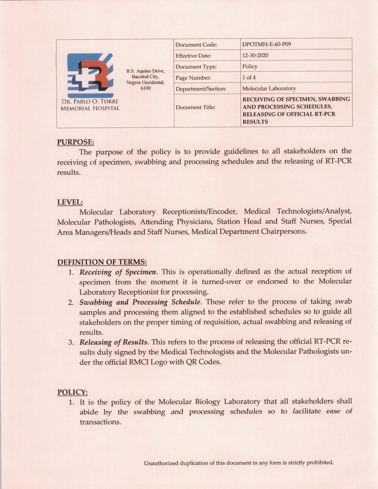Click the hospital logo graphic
click(x=90, y=76)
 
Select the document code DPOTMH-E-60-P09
click(x=266, y=44)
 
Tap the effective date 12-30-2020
click(x=255, y=55)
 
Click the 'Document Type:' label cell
click(x=196, y=67)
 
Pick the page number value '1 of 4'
click(x=249, y=78)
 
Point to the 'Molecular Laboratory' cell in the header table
click(x=269, y=89)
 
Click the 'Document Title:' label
click(x=195, y=107)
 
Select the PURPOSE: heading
click(x=76, y=142)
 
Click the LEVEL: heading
click(x=70, y=202)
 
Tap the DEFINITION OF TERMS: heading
click(x=102, y=262)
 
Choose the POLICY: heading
click(x=72, y=392)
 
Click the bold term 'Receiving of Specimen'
click(x=118, y=272)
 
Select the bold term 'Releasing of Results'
click(x=113, y=342)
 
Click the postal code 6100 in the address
click(x=145, y=88)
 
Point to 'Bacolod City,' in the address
click(x=145, y=77)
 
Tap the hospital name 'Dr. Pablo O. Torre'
click(x=90, y=102)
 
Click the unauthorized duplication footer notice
click(x=239, y=463)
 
